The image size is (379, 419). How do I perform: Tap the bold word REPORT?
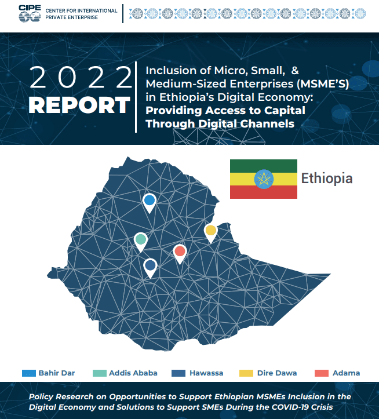(79, 105)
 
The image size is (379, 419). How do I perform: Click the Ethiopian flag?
(263, 178)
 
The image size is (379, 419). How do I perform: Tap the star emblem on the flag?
(263, 178)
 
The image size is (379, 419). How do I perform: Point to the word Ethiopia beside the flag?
(327, 178)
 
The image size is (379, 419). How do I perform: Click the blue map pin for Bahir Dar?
(150, 201)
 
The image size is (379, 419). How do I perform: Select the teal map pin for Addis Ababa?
(140, 239)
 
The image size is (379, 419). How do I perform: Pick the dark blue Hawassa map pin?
(150, 265)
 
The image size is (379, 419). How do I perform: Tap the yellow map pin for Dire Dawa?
(210, 231)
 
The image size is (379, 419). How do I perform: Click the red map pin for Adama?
(180, 252)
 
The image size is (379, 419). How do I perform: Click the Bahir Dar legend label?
(56, 373)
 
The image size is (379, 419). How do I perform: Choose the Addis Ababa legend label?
(133, 373)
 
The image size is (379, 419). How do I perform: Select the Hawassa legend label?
(206, 373)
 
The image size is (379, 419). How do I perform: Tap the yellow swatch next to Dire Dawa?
(247, 373)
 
